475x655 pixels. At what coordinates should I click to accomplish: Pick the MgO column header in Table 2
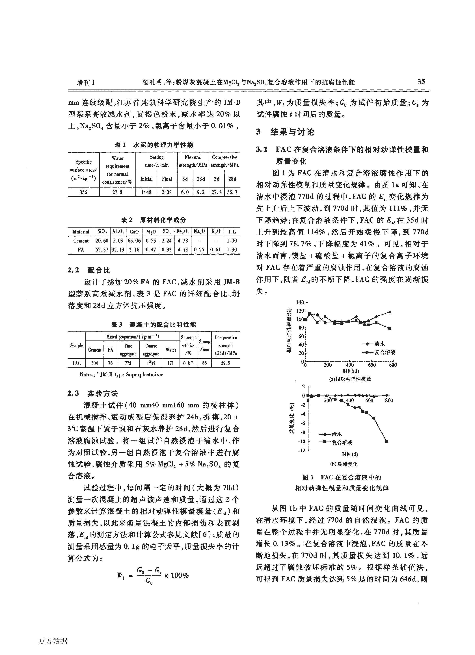click(x=151, y=232)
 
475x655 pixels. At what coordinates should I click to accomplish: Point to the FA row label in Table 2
click(x=81, y=250)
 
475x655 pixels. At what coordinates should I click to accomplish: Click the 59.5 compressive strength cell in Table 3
click(x=226, y=363)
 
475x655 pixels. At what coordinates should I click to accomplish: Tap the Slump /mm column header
click(x=204, y=345)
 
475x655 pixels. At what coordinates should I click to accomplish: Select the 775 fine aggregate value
click(x=128, y=363)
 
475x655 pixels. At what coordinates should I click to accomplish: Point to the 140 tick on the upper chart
click(x=300, y=302)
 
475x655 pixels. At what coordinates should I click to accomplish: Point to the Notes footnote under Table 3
click(x=121, y=375)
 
